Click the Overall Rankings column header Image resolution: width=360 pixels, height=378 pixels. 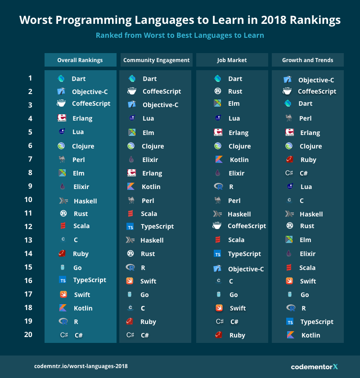80,60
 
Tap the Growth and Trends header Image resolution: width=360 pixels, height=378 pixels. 308,60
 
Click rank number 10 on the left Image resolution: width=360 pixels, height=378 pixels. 28,200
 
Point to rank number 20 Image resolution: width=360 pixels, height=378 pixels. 28,334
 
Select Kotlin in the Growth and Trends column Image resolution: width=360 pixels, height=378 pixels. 310,335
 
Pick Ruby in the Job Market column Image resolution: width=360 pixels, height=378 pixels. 237,335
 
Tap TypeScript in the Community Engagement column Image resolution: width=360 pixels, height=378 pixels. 157,226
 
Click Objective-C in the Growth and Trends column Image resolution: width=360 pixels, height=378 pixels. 316,80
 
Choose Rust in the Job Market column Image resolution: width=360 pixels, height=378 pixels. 235,91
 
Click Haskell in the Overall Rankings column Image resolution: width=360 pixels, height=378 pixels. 85,201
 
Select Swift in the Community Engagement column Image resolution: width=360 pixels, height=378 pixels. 148,281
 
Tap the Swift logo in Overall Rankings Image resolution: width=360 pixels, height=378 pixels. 63,295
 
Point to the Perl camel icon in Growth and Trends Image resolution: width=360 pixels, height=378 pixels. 289,118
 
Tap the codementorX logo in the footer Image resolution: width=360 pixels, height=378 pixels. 314,366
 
